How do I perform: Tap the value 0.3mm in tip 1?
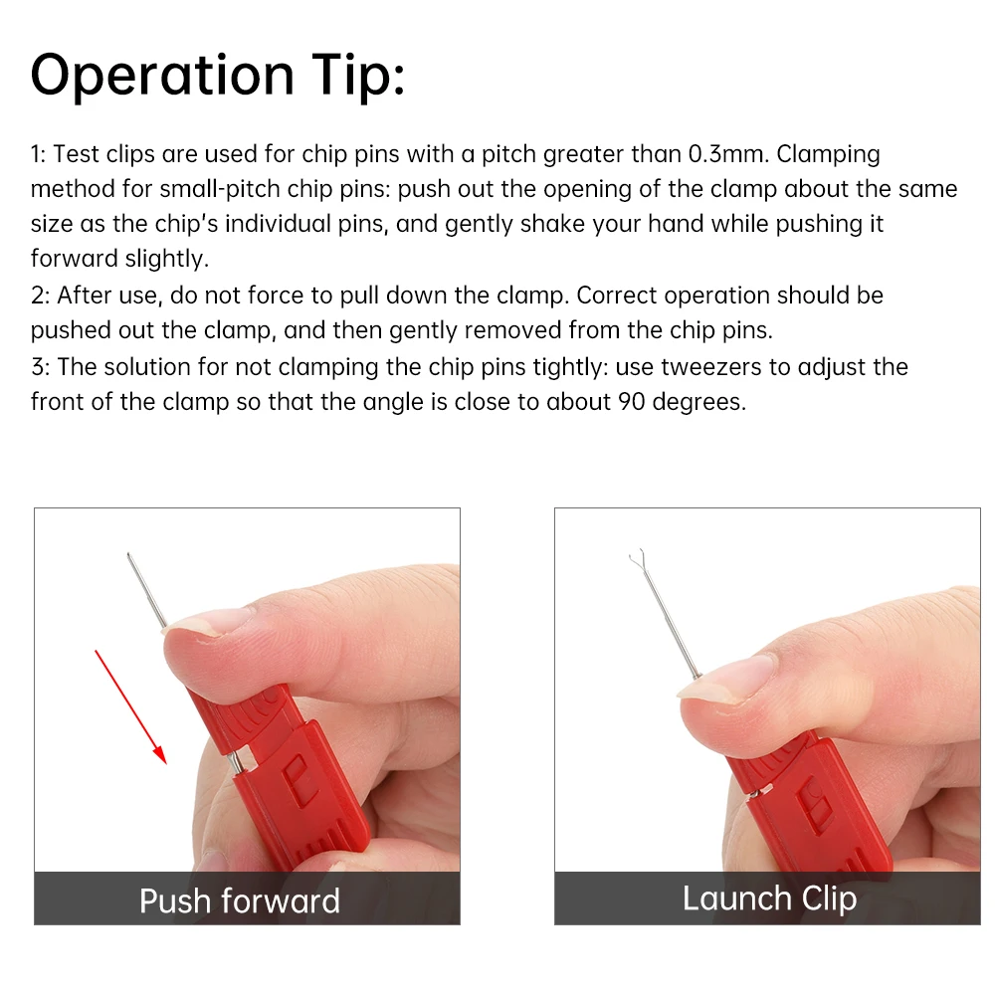pos(728,154)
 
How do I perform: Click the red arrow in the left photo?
pos(130,706)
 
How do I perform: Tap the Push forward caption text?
pos(240,901)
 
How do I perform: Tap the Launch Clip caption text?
pos(770,899)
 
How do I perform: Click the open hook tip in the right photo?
pos(637,558)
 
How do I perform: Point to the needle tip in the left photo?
pos(128,554)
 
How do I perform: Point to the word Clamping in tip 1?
pos(828,155)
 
